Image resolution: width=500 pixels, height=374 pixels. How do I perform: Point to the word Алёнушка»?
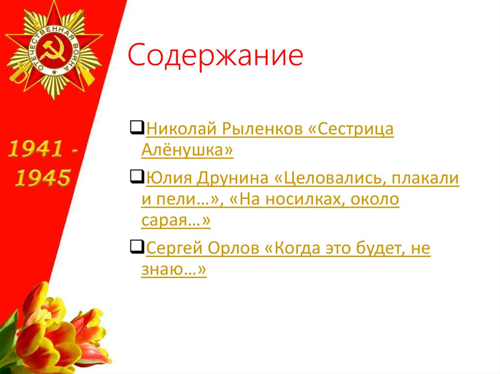coord(187,151)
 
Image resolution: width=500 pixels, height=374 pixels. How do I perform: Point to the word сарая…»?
coord(176,221)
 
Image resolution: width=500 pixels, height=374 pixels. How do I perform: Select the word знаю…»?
coord(174,270)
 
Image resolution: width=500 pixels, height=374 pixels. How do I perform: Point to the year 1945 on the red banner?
coord(42,178)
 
